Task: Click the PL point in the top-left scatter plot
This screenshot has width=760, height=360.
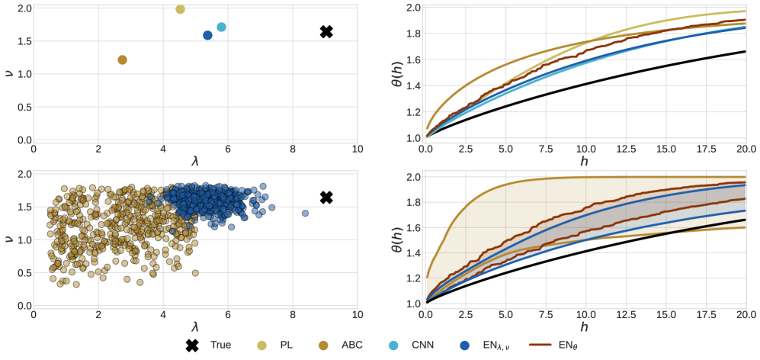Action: point(180,9)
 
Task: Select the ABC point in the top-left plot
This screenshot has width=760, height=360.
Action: point(122,59)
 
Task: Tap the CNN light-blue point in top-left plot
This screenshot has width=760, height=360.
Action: point(221,27)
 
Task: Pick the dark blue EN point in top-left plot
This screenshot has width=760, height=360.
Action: point(207,35)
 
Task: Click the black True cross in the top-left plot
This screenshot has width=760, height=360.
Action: point(326,31)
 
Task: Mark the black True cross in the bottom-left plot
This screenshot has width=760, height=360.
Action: point(326,198)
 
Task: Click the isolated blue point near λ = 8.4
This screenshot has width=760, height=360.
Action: point(305,214)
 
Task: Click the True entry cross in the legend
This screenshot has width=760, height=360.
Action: point(193,346)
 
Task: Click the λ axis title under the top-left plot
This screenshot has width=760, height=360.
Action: point(195,161)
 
